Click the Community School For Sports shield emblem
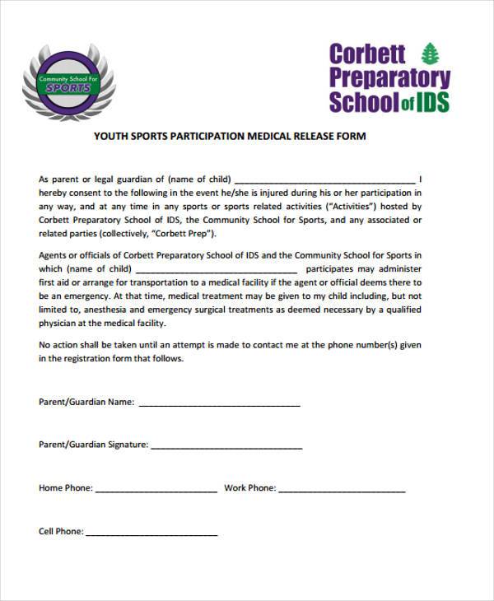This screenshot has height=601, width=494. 68,83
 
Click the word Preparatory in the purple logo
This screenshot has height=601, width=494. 389,79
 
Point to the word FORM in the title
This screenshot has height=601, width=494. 349,137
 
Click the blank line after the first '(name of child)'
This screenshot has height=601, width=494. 325,180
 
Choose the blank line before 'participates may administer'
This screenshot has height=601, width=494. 216,270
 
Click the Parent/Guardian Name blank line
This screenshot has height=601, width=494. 219,404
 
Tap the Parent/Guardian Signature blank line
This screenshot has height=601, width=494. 226,446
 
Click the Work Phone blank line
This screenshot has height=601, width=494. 342,490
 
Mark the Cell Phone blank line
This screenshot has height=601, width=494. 151,533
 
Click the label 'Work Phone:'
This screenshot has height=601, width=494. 249,488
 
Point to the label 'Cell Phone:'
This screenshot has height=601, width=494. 61,532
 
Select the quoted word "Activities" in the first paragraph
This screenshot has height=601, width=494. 353,207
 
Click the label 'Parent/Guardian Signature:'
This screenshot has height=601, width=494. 94,445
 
